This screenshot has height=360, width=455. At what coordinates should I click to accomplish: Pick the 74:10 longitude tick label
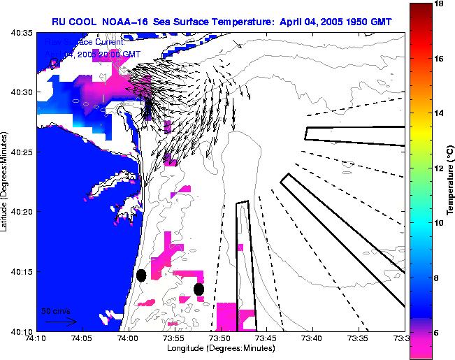[37, 338]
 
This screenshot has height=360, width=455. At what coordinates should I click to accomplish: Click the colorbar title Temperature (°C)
[450, 180]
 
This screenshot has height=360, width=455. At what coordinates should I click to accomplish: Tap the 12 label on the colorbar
[440, 168]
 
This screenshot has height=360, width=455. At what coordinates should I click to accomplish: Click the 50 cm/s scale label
[56, 310]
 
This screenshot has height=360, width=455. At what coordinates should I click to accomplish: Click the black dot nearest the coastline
[141, 275]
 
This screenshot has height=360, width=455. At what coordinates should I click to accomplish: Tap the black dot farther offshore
[199, 289]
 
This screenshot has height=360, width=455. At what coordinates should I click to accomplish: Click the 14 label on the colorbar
[440, 113]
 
